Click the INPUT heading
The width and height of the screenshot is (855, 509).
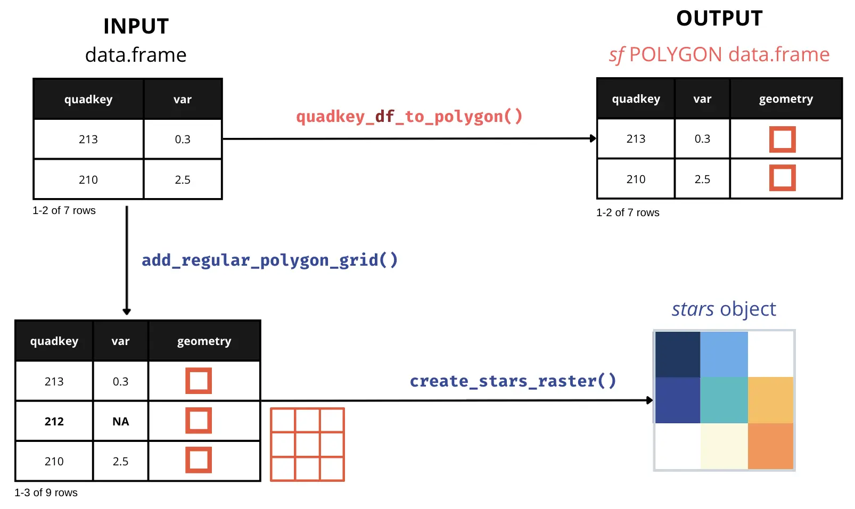pyautogui.click(x=136, y=26)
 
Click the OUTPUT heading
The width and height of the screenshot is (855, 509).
pyautogui.click(x=719, y=19)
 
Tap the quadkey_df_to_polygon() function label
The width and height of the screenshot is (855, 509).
pyautogui.click(x=409, y=117)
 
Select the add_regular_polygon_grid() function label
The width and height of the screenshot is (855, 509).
pyautogui.click(x=269, y=260)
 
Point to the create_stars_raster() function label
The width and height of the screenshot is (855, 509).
pyautogui.click(x=513, y=381)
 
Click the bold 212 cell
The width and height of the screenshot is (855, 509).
pyautogui.click(x=54, y=421)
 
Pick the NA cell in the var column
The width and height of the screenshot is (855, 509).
pyautogui.click(x=121, y=421)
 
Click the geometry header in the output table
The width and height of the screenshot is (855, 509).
pyautogui.click(x=786, y=99)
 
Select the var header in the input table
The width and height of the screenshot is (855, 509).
pyautogui.click(x=183, y=100)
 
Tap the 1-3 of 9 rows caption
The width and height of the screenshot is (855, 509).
pyautogui.click(x=46, y=492)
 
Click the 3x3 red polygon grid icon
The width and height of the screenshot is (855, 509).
pyautogui.click(x=307, y=445)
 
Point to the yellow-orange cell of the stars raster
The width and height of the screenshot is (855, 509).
pyautogui.click(x=770, y=400)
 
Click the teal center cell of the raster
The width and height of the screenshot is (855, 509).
pyautogui.click(x=724, y=400)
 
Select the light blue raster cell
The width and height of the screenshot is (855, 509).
pyautogui.click(x=724, y=355)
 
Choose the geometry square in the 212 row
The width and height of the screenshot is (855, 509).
pyautogui.click(x=199, y=421)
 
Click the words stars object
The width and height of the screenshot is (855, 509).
pyautogui.click(x=724, y=309)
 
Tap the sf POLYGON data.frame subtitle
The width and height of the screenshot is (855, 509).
pyautogui.click(x=719, y=55)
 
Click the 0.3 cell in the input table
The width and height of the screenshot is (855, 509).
pyautogui.click(x=183, y=139)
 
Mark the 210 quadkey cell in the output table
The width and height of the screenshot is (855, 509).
pyautogui.click(x=636, y=179)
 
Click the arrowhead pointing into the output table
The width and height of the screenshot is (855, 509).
pyautogui.click(x=593, y=138)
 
